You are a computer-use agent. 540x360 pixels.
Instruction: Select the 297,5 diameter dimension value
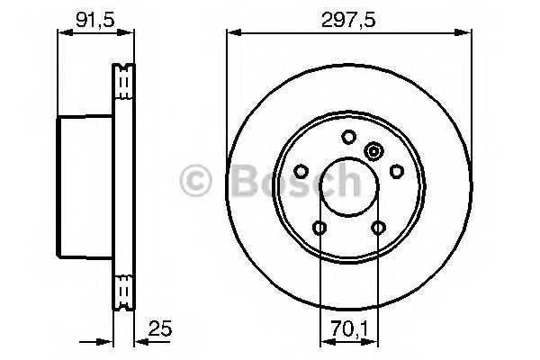tap(348, 21)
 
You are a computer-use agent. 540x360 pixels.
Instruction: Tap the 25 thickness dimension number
tap(160, 328)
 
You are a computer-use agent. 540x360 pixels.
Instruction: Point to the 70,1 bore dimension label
tap(349, 328)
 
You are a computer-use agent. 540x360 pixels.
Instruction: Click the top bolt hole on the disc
tap(349, 137)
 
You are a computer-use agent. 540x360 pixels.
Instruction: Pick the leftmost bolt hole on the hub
tap(301, 171)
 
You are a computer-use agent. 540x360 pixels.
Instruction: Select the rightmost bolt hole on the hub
tap(396, 171)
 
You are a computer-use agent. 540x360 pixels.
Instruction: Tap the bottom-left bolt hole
tap(319, 228)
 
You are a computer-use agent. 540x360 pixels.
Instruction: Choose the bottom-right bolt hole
tap(378, 228)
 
